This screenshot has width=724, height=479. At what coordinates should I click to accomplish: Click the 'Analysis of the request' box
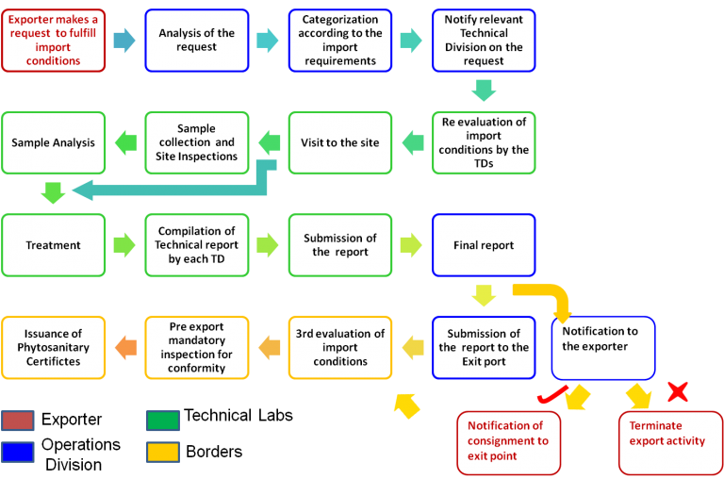(196, 41)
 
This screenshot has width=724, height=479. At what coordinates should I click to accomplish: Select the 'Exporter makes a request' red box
(53, 41)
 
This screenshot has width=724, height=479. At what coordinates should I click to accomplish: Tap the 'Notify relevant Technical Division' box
(484, 41)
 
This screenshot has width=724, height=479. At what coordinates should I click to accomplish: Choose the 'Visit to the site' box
(340, 142)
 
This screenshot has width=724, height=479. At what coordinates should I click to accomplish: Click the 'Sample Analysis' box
(53, 142)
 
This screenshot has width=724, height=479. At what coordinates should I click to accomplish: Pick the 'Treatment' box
(53, 245)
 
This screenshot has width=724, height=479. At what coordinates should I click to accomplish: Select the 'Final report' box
(484, 245)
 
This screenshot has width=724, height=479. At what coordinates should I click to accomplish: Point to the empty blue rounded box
(603, 347)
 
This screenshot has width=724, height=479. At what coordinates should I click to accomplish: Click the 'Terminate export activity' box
(667, 441)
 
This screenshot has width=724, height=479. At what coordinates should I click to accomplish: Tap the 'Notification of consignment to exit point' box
(505, 441)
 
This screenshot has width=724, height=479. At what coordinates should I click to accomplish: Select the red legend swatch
(18, 421)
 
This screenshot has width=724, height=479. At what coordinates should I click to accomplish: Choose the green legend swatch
(162, 421)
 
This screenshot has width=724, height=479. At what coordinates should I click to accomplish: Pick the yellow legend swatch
(162, 453)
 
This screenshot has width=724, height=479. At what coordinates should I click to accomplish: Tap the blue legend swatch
(18, 453)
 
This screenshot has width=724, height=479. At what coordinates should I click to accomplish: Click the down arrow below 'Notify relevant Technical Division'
(484, 91)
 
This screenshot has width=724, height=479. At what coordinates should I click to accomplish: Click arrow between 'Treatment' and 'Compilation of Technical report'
(124, 245)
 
